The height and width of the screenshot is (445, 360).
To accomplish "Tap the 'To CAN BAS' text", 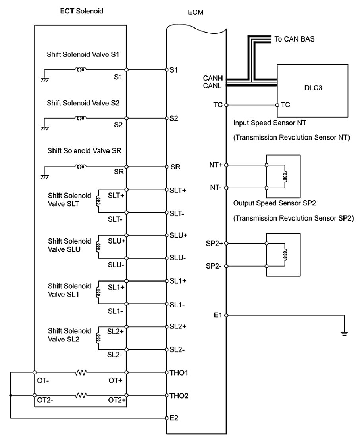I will [295, 39].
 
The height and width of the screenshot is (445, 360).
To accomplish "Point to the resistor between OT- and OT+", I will [82, 372].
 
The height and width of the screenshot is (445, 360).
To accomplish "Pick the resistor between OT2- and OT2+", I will [82, 395].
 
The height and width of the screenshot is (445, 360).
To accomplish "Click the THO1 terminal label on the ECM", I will [179, 373].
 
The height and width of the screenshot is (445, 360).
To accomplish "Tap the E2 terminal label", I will [173, 418].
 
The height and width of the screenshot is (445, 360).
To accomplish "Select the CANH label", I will [213, 78].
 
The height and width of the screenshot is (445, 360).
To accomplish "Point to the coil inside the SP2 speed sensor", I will [285, 254].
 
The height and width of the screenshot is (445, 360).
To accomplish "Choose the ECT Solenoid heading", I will [79, 11].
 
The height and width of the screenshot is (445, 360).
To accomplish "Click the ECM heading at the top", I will [195, 12].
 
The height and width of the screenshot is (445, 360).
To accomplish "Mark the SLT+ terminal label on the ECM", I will [178, 190].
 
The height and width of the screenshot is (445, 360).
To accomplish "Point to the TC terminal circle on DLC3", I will [277, 105].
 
